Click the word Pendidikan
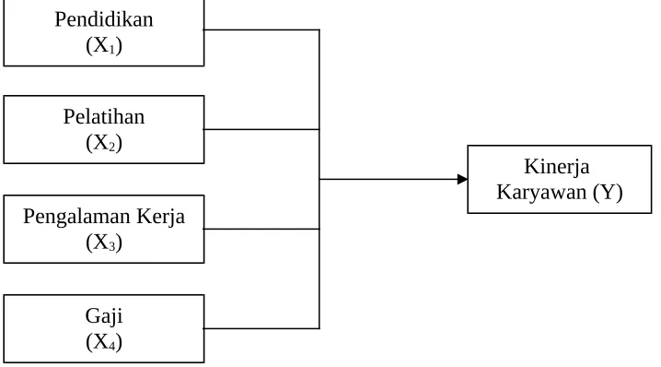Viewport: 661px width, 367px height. click(104, 19)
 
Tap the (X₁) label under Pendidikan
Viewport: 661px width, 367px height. click(104, 45)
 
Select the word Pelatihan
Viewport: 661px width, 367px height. click(104, 116)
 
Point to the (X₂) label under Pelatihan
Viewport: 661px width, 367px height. click(104, 143)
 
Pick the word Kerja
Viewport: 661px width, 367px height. click(160, 217)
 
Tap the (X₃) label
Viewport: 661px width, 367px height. click(104, 243)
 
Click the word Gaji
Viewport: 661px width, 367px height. click(104, 316)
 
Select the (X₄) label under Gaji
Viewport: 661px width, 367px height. click(104, 342)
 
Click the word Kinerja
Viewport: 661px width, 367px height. click(556, 167)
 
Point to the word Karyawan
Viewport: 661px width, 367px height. click(541, 193)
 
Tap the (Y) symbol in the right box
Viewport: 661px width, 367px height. click(608, 193)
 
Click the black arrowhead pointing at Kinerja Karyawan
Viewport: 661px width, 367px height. click(462, 180)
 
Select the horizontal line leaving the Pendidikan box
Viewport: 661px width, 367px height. click(261, 30)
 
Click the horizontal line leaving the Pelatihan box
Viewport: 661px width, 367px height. click(261, 129)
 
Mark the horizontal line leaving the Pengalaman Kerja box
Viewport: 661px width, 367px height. click(261, 229)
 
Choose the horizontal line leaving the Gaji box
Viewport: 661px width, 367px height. click(261, 328)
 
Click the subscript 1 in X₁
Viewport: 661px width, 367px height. click(112, 50)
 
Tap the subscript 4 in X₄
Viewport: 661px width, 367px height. click(112, 346)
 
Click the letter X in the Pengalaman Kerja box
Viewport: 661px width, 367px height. click(100, 242)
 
